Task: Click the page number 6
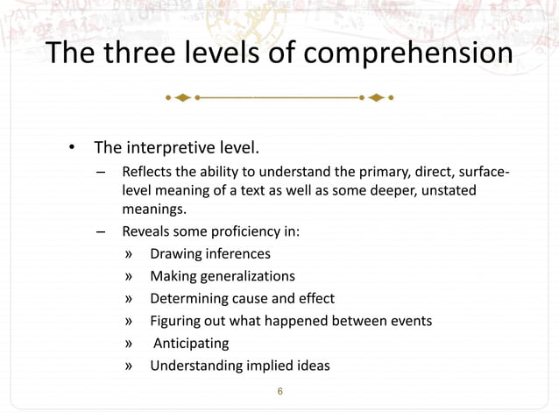click(x=279, y=390)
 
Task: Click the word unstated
click(x=450, y=190)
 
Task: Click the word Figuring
click(x=175, y=321)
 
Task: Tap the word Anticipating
click(x=191, y=343)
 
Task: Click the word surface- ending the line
click(x=482, y=169)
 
